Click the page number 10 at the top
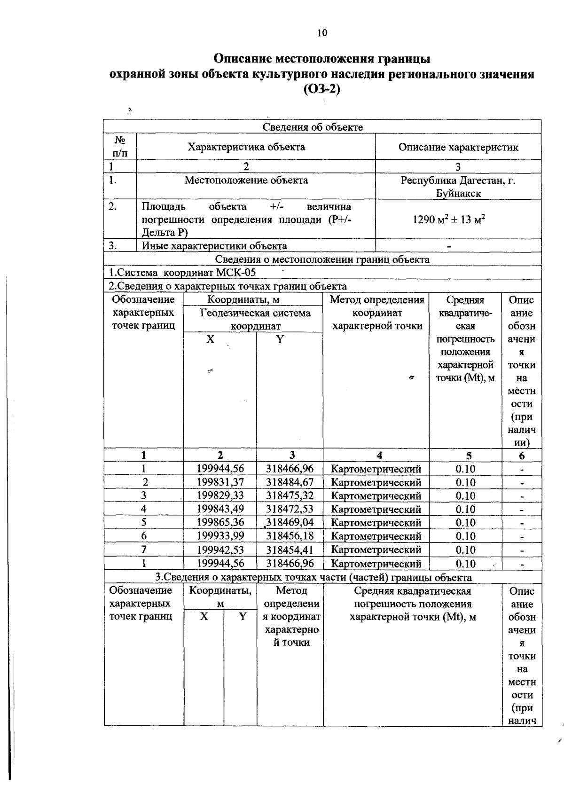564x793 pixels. (x=321, y=32)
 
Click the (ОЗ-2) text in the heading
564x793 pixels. (x=321, y=88)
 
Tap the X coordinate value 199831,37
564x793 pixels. (x=220, y=482)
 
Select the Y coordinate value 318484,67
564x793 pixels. (x=290, y=482)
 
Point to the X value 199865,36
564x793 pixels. (x=220, y=522)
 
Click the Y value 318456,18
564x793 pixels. (x=290, y=536)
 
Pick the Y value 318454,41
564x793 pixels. (x=290, y=550)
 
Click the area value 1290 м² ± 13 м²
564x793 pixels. (x=448, y=220)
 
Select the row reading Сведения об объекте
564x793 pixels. (x=313, y=127)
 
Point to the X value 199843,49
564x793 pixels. (x=220, y=509)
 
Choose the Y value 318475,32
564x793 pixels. (x=290, y=495)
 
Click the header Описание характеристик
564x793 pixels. (x=458, y=147)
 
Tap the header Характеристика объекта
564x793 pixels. (x=246, y=147)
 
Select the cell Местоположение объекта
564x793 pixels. (x=246, y=180)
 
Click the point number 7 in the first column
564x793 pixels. (x=144, y=550)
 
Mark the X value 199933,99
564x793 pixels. (x=220, y=536)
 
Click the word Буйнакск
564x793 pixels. (x=458, y=193)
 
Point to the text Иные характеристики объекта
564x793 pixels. (x=214, y=245)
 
